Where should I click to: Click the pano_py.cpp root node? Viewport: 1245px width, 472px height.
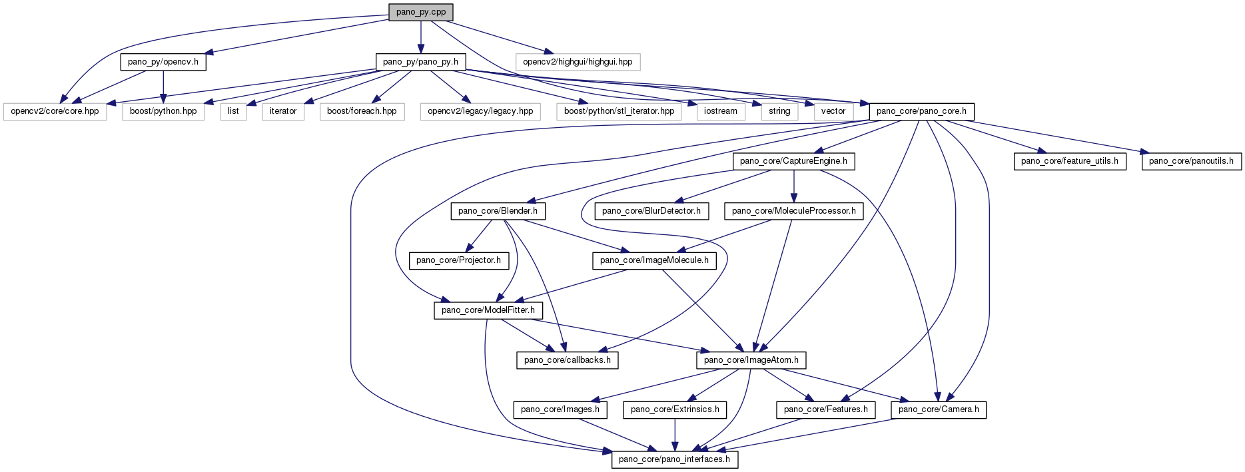pos(420,12)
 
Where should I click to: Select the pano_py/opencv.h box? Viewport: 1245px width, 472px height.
pos(163,62)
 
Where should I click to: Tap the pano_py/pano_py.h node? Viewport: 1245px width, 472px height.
pos(420,62)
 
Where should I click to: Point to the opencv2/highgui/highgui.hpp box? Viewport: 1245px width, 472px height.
pos(578,62)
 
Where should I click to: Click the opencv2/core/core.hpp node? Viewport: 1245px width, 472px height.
pos(55,111)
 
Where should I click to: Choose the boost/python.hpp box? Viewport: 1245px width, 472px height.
pos(163,111)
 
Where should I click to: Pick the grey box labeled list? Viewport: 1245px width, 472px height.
pos(233,111)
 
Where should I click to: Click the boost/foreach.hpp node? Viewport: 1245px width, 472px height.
pos(362,111)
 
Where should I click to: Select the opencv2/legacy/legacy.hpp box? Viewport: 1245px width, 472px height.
pos(480,111)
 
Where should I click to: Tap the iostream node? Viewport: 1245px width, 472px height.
pos(721,111)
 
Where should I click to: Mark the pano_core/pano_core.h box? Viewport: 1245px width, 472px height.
pos(921,111)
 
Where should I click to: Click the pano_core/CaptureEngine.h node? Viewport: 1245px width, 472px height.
pos(793,161)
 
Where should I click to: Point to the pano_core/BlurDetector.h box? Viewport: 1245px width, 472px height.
pos(651,211)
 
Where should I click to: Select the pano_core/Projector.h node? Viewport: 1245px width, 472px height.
pos(458,260)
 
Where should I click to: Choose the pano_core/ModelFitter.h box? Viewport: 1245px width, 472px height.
pos(488,310)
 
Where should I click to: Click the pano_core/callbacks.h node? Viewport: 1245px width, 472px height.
pos(568,360)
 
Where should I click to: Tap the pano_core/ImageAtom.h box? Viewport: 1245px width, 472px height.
pos(751,360)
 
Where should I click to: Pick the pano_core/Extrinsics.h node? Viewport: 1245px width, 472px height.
pos(675,409)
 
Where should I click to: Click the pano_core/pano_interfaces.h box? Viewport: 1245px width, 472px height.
pos(674,459)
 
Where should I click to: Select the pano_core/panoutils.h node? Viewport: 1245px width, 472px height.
pos(1191,161)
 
